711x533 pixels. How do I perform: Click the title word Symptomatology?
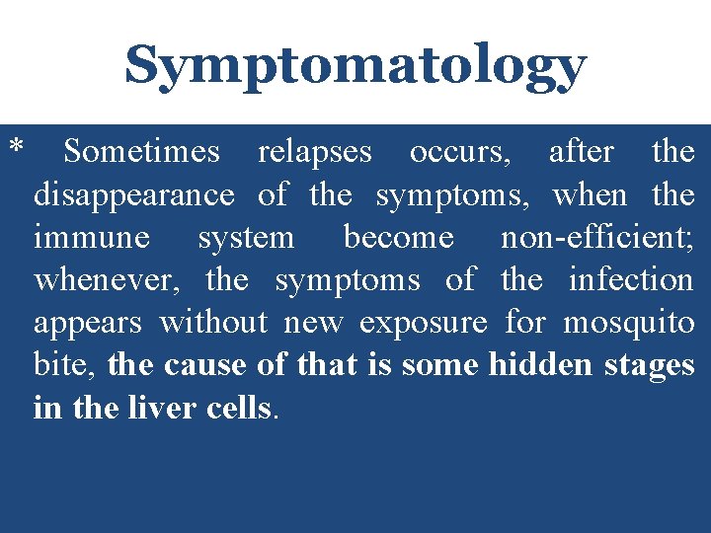click(x=355, y=66)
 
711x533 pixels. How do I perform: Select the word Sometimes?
click(x=141, y=152)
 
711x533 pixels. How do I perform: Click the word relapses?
click(x=315, y=153)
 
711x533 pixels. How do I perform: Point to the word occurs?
click(x=460, y=153)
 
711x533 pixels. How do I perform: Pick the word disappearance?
click(x=134, y=195)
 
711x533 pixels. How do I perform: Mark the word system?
click(x=246, y=239)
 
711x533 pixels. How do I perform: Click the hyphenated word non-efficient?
click(x=596, y=238)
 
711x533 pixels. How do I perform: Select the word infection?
click(x=631, y=280)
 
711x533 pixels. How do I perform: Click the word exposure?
click(x=424, y=324)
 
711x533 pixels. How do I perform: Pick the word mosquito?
click(x=628, y=324)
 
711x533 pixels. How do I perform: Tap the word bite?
click(x=65, y=366)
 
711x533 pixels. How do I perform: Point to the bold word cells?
click(x=237, y=409)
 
